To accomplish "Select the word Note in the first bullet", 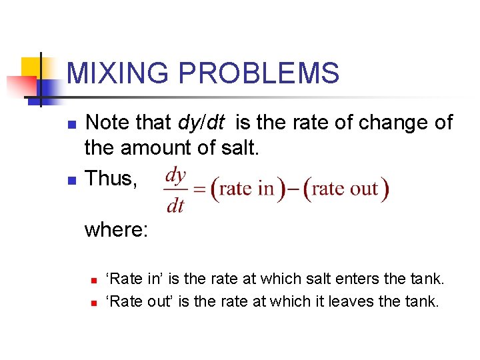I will point(107,123).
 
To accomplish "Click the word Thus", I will point(111,178).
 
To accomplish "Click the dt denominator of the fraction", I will point(175,206).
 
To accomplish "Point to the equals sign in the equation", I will point(199,191).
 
